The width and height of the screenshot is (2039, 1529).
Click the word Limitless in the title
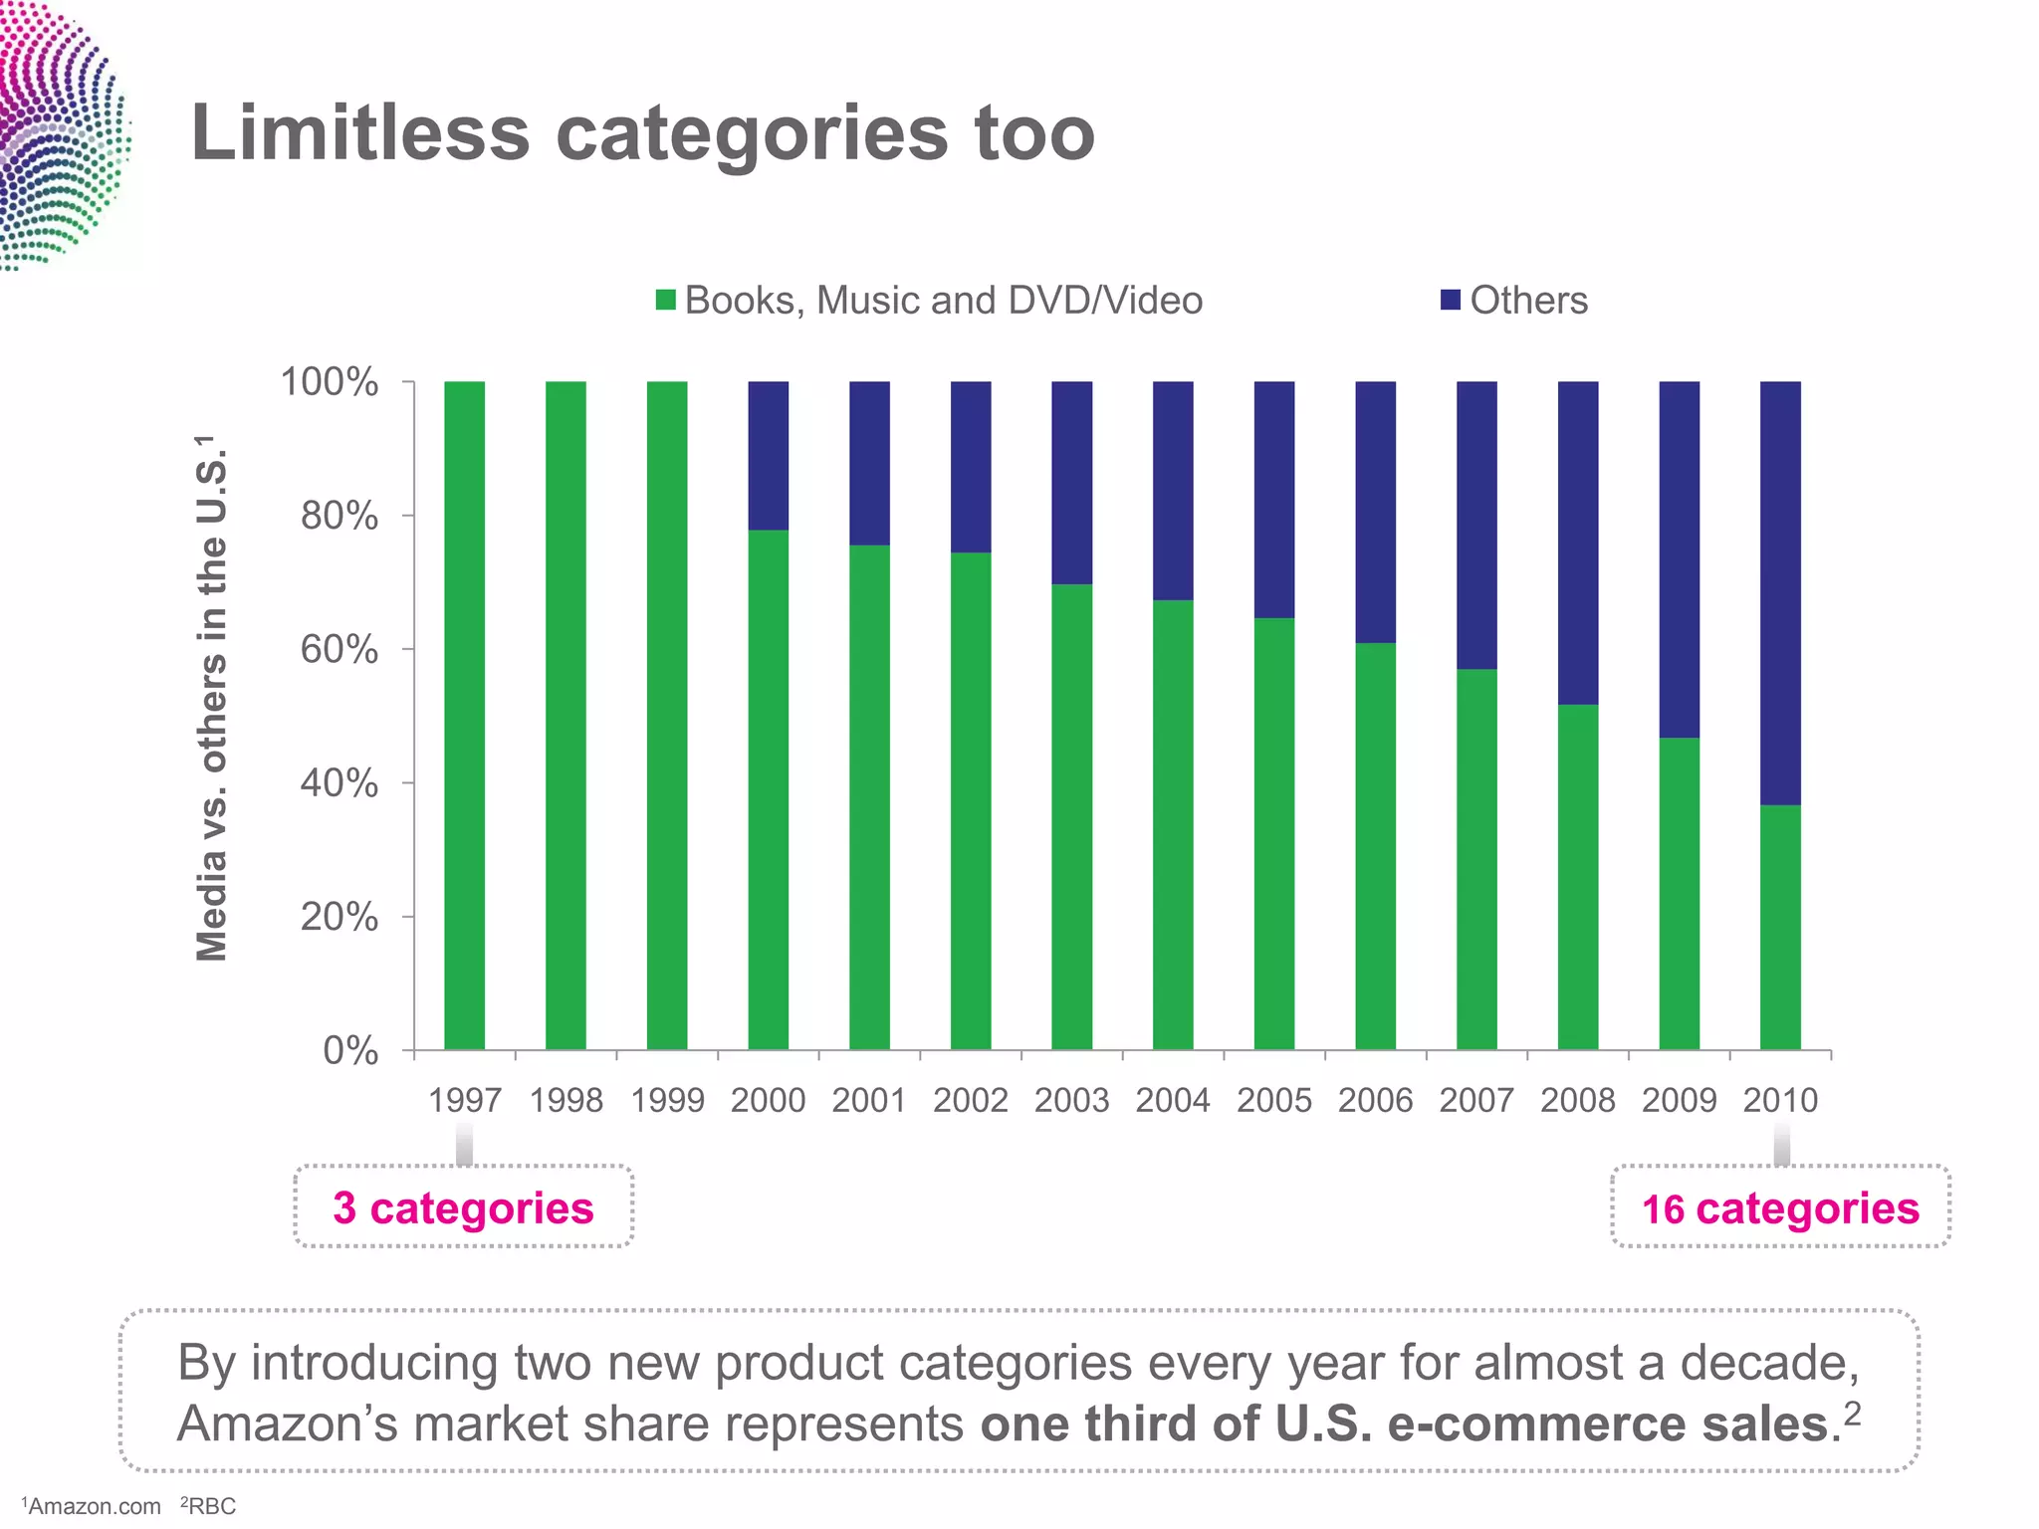point(359,132)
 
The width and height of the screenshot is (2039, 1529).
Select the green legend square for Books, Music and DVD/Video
point(666,300)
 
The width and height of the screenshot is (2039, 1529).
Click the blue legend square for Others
point(1450,300)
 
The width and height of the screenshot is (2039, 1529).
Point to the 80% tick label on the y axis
point(339,516)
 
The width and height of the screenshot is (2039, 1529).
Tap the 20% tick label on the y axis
point(339,917)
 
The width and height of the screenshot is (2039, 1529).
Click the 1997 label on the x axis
point(464,1100)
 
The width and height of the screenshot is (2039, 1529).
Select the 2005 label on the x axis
point(1273,1100)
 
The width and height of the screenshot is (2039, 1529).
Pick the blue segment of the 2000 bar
point(768,455)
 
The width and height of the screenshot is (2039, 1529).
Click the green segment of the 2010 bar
point(1780,926)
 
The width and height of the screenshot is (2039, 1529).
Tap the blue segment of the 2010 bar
point(1780,592)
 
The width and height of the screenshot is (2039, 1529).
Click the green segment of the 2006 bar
point(1375,846)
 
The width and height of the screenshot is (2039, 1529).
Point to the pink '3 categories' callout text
point(463,1207)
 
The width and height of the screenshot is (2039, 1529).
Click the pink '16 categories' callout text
point(1780,1208)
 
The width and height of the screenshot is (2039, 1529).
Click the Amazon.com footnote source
point(93,1506)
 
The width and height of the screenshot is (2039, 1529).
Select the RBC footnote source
point(210,1506)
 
